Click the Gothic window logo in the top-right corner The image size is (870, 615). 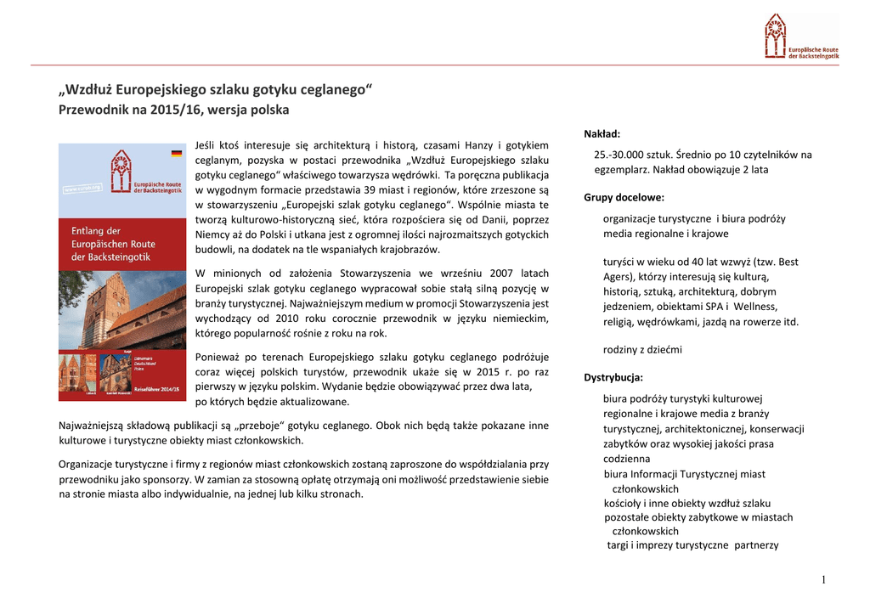point(774,36)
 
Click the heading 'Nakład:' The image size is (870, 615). point(602,134)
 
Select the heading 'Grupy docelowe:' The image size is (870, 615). point(624,198)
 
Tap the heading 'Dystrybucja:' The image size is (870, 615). point(613,378)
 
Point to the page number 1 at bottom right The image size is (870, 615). point(823,580)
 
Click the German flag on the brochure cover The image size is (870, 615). point(177,154)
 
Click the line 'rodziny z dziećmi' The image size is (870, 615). point(642,350)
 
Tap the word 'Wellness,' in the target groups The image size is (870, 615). point(755,306)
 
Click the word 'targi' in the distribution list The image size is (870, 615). point(617,545)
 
